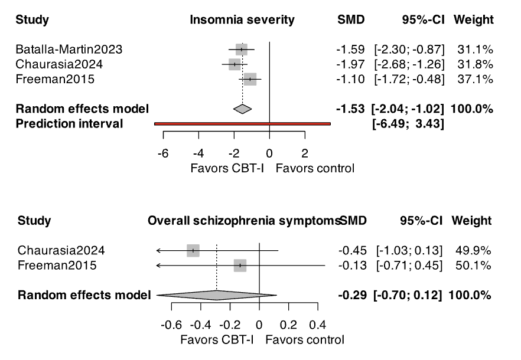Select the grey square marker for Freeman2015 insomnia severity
click(x=250, y=79)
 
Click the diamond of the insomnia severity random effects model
click(x=242, y=109)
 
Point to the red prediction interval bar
click(x=242, y=123)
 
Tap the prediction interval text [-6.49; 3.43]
click(x=410, y=123)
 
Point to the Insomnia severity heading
click(x=242, y=20)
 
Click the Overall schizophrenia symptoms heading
click(x=243, y=221)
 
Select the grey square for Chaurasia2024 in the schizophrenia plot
click(x=193, y=251)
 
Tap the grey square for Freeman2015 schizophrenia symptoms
click(x=240, y=266)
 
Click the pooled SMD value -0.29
click(x=351, y=295)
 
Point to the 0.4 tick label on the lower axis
click(x=317, y=325)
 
